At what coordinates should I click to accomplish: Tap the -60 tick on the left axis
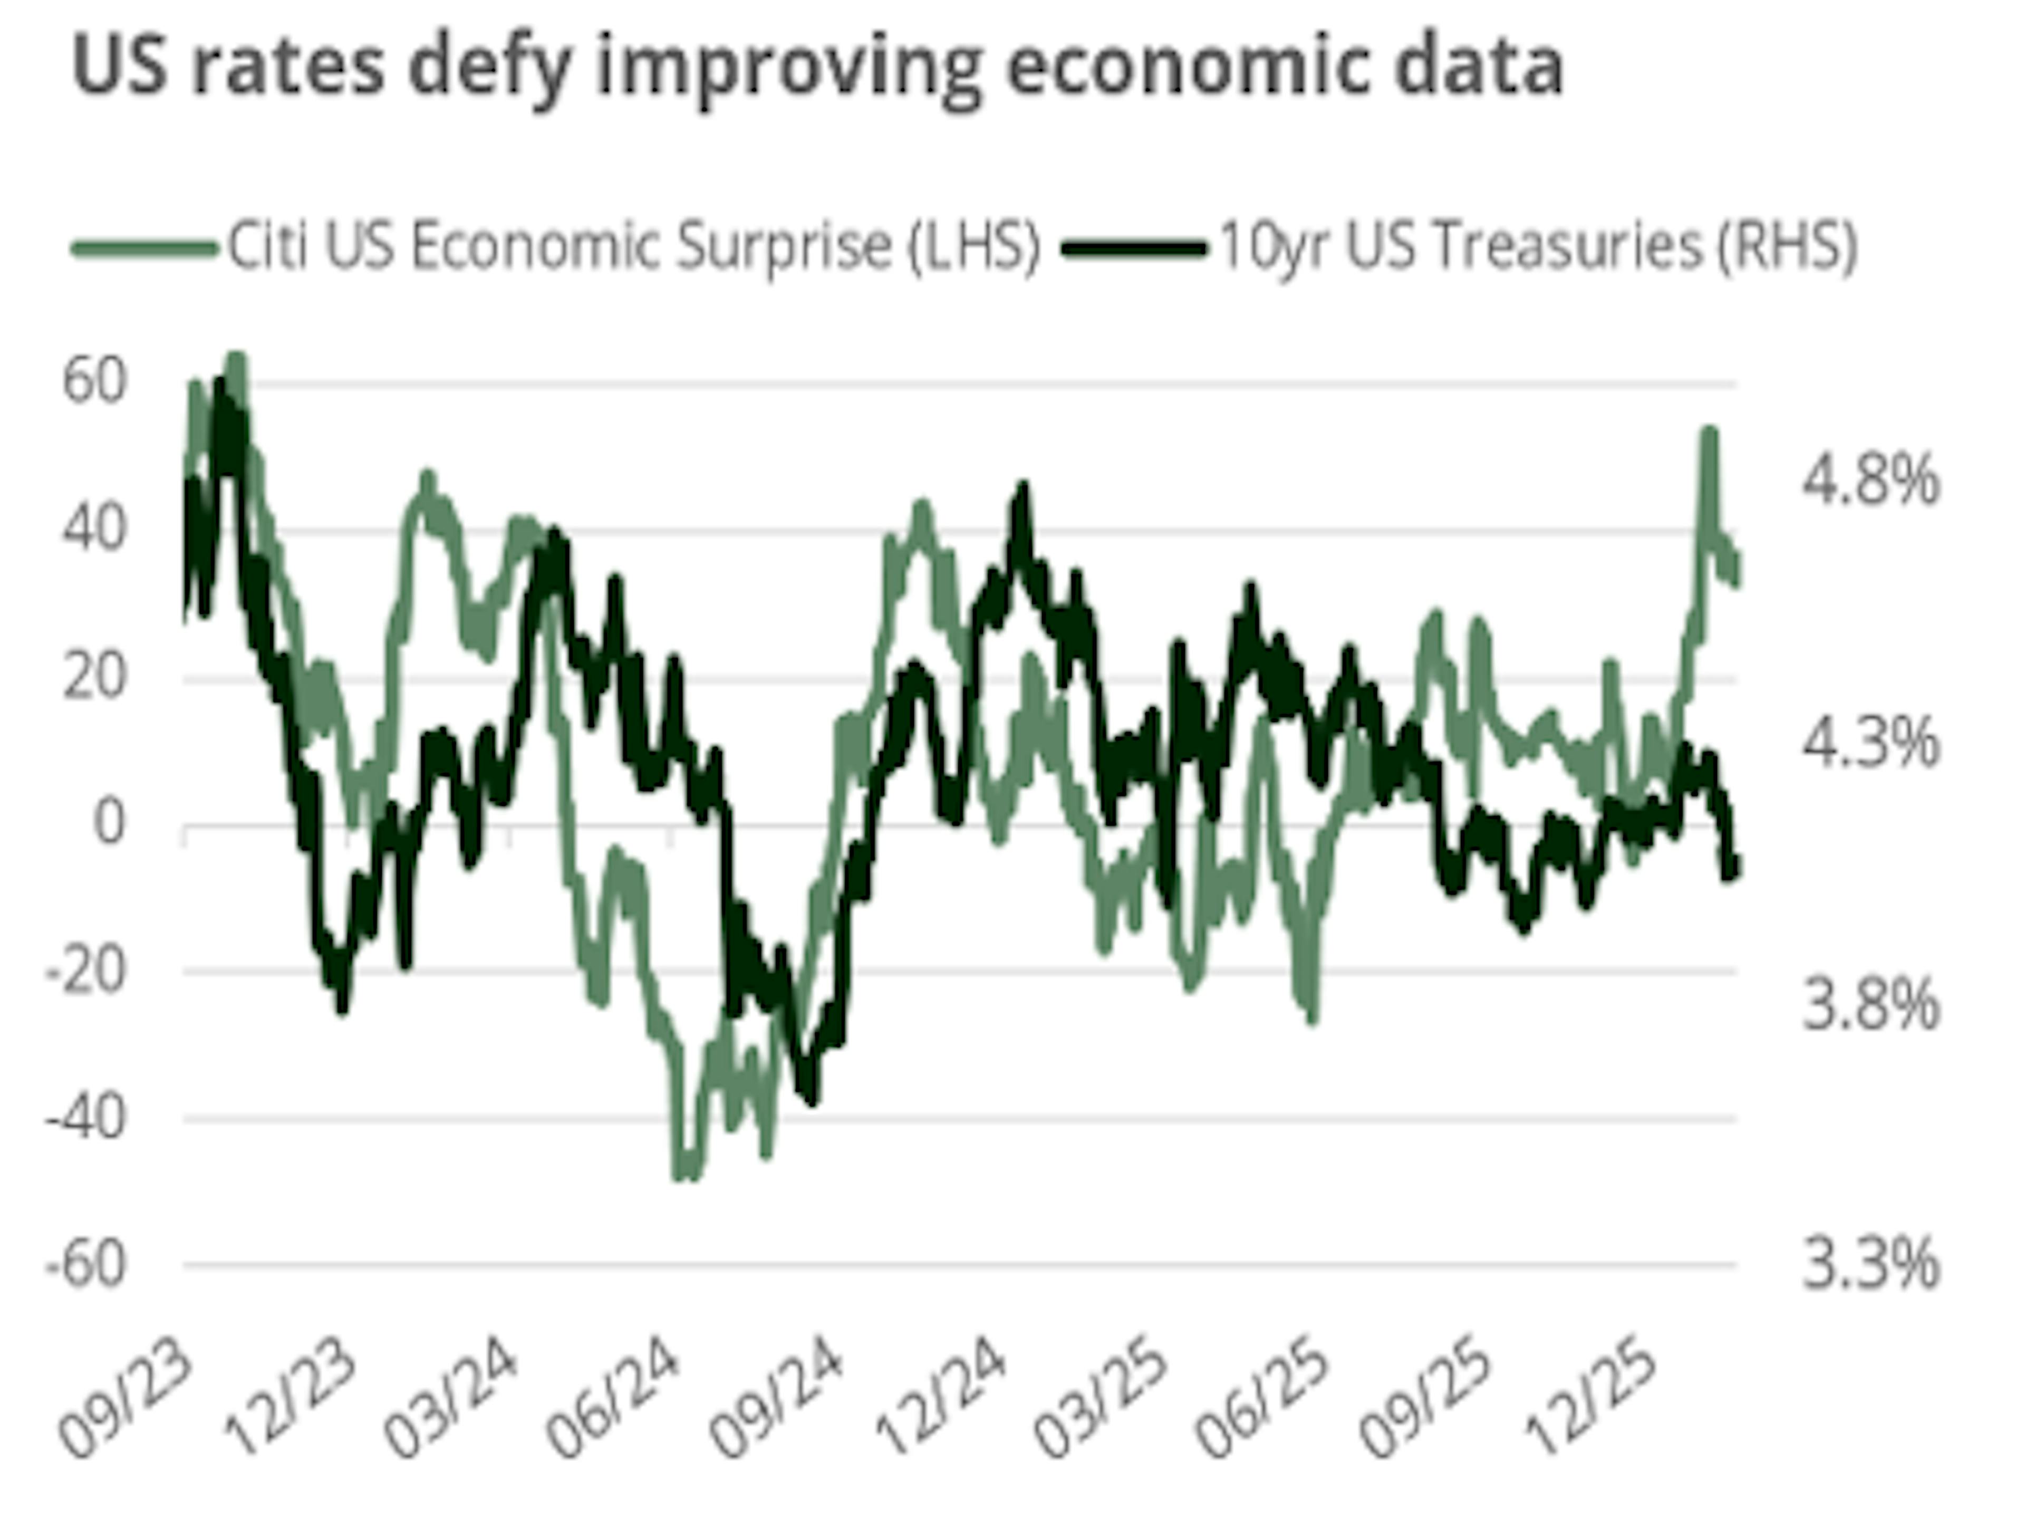[x=85, y=1266]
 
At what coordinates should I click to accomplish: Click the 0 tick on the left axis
[x=108, y=824]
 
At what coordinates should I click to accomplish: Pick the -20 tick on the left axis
[x=85, y=972]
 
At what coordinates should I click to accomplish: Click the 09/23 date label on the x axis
[x=127, y=1399]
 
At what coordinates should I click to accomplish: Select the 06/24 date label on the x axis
[x=613, y=1399]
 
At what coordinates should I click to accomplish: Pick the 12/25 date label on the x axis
[x=1593, y=1399]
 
